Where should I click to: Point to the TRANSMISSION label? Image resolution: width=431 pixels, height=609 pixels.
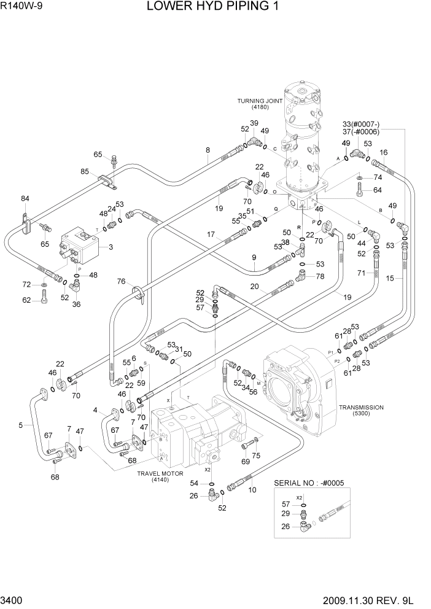click(x=360, y=407)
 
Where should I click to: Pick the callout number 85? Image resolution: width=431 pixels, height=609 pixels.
click(x=85, y=171)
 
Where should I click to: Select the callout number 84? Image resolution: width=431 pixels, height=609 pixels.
click(x=25, y=198)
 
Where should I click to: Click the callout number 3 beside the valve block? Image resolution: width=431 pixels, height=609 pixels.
click(x=111, y=247)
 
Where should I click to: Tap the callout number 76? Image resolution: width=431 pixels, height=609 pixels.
click(x=122, y=281)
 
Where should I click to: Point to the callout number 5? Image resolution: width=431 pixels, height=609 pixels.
click(x=21, y=424)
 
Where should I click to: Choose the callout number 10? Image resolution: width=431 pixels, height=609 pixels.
click(x=252, y=489)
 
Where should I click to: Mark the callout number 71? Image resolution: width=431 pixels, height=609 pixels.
click(x=362, y=273)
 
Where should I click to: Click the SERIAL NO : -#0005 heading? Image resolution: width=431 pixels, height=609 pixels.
click(x=311, y=483)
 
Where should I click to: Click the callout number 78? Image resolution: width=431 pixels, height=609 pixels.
click(x=320, y=276)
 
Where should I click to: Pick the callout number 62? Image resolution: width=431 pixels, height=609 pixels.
click(x=26, y=300)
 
